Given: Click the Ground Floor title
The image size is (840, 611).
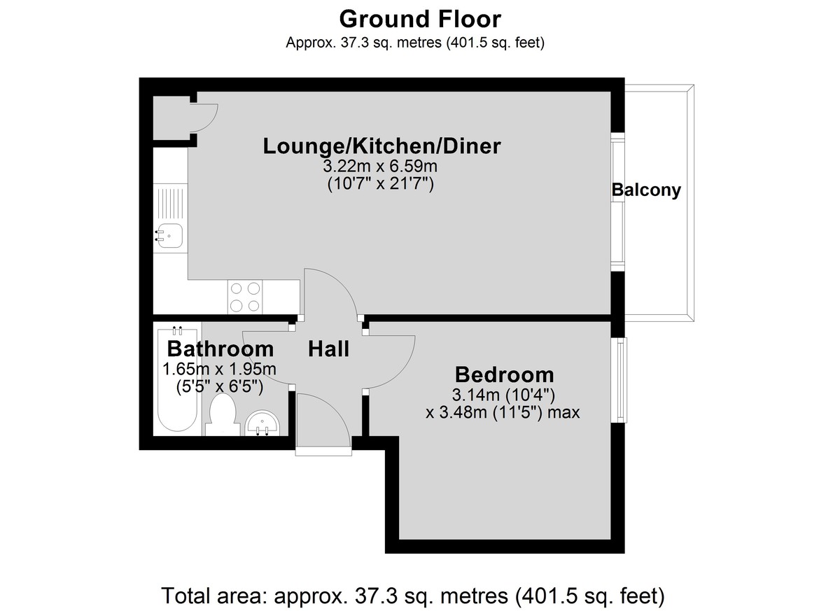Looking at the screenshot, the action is coord(420,20).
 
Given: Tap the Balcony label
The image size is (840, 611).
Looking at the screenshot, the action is coord(646,190).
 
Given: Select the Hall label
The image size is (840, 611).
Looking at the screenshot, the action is coord(328,349).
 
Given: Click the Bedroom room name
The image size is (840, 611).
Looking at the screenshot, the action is coord(504,374).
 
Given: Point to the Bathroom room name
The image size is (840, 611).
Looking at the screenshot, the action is coord(220,349).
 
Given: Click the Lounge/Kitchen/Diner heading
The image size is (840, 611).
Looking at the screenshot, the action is coord(381,146).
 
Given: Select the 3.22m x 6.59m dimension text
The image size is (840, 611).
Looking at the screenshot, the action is coord(380,166).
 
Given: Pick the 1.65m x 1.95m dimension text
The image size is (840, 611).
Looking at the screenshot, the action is coord(219,370).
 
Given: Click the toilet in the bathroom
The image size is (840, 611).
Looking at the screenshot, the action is coord(222,414).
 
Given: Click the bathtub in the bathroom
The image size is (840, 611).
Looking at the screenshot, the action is coord(177,381).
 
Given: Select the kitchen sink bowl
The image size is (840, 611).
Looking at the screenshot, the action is coord(170,236).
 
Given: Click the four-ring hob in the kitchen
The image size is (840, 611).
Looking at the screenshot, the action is coord(245,297).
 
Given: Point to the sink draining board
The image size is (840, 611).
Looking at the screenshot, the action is coord(171,203).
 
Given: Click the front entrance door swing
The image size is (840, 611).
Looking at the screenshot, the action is coord(323,420).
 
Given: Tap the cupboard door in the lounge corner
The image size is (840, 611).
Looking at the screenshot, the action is coord(204,118).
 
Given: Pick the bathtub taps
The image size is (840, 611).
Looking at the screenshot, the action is coord(177,330).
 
